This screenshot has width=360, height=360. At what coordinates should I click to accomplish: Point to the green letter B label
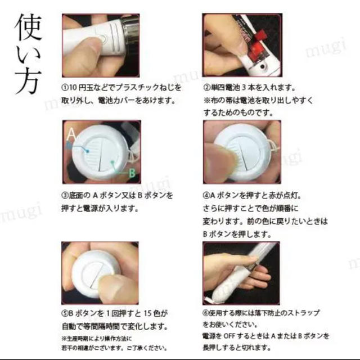click(132, 173)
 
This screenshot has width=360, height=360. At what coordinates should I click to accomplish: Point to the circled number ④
click(206, 196)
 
